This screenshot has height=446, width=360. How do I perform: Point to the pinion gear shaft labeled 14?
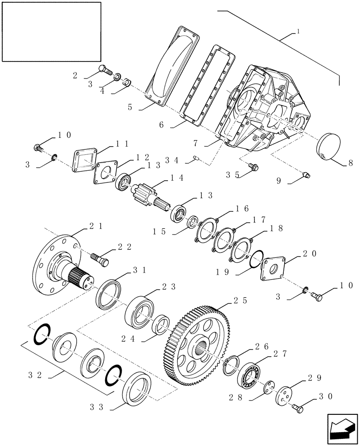[146, 197]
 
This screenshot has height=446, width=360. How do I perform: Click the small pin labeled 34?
[197, 157]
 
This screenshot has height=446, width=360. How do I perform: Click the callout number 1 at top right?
[297, 32]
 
